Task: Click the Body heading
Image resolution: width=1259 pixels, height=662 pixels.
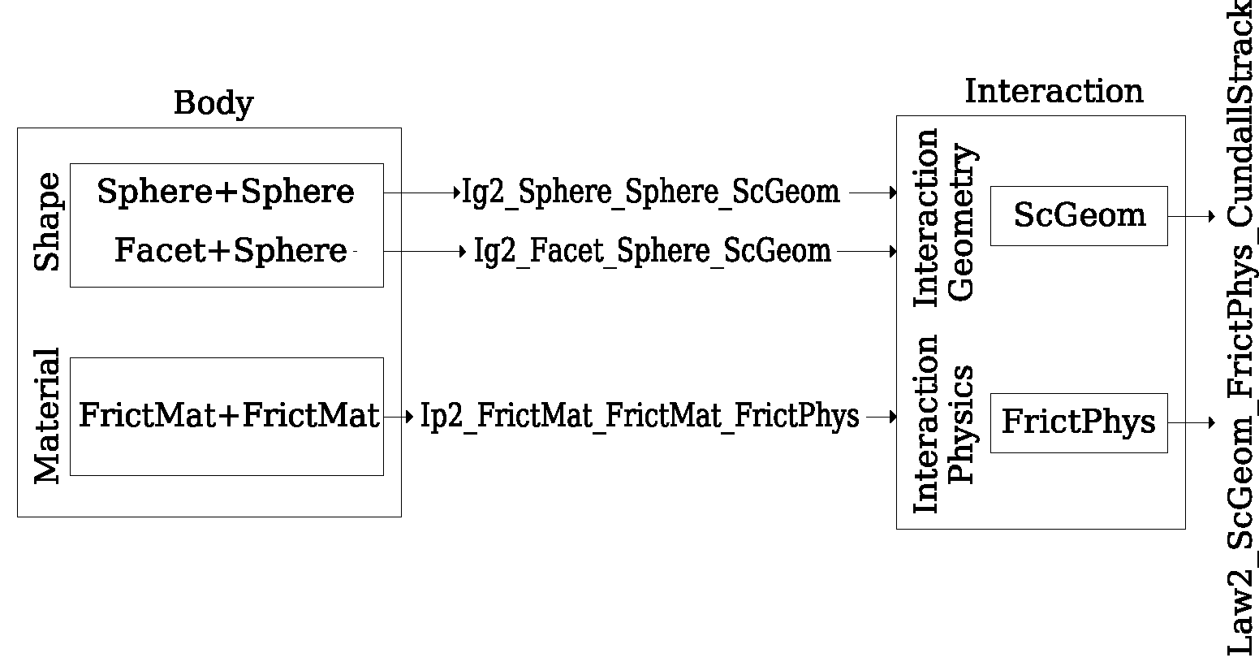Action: click(213, 104)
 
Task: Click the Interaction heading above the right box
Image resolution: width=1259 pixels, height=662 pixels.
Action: click(1054, 91)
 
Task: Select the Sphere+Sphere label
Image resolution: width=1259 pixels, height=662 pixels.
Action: click(226, 193)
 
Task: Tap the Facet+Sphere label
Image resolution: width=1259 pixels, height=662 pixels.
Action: click(231, 251)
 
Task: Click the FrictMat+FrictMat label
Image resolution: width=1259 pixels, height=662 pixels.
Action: click(229, 416)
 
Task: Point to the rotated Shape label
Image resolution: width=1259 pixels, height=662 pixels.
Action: click(47, 222)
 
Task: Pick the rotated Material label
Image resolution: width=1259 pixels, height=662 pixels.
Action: click(47, 416)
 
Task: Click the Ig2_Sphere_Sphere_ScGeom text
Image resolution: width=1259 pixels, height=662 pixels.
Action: click(651, 193)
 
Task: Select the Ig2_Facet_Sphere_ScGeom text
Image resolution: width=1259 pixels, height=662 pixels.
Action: click(653, 251)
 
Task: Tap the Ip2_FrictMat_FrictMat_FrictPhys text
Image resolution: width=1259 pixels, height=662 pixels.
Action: click(640, 416)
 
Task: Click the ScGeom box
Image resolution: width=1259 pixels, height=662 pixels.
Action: click(1079, 215)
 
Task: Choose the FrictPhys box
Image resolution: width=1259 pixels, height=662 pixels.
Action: click(1079, 422)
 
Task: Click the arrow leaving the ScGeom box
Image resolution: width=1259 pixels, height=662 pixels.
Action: click(1192, 216)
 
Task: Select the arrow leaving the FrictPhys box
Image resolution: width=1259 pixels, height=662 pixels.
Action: click(1192, 422)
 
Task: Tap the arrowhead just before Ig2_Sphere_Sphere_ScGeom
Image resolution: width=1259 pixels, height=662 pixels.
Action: click(457, 193)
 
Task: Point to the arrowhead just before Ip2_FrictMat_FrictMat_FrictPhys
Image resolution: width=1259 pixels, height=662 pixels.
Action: click(410, 417)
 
